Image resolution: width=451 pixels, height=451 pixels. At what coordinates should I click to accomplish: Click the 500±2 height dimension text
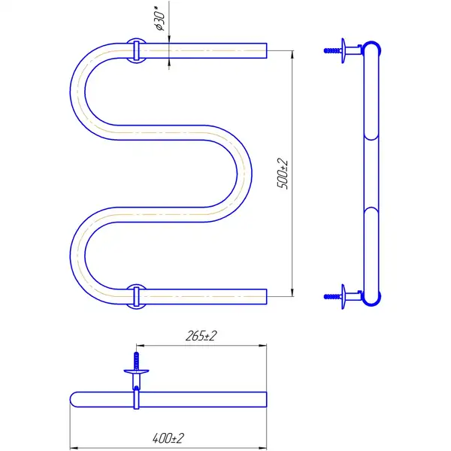point(283,173)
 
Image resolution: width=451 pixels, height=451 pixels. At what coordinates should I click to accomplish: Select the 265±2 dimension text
point(201,336)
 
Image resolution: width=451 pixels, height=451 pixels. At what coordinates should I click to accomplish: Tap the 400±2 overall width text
point(168,438)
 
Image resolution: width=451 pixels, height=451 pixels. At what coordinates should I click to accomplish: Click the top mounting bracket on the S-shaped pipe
point(136,50)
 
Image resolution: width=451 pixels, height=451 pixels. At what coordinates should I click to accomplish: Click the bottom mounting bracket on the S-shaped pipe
point(136,297)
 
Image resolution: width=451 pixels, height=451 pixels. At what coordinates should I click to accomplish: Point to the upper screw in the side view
point(333,50)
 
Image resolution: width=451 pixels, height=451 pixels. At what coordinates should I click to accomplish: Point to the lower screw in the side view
point(333,297)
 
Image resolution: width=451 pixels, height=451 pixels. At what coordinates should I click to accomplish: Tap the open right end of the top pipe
point(266,50)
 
